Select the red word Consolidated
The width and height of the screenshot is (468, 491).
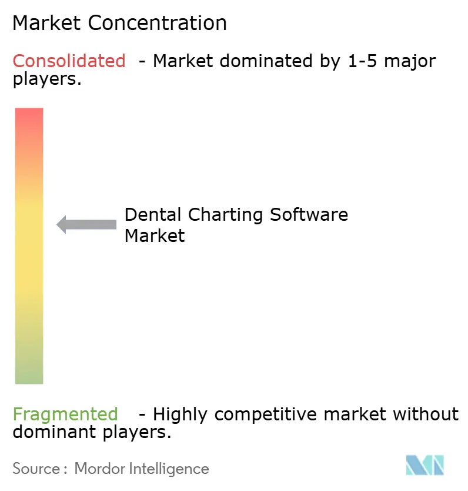[x=69, y=61]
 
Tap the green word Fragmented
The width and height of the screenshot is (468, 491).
[x=65, y=414]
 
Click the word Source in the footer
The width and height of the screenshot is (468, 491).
[x=36, y=469]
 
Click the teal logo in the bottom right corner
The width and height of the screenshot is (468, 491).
[x=424, y=465]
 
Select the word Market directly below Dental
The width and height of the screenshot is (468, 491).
[x=155, y=236]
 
